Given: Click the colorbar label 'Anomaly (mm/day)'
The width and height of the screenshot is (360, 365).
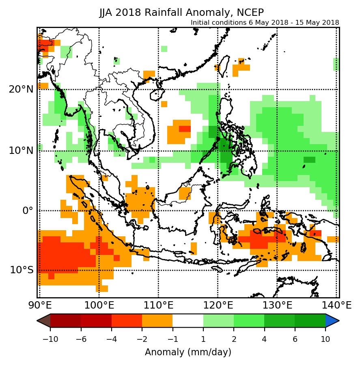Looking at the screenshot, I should (x=188, y=352).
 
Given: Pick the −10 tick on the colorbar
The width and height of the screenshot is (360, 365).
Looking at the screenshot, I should (x=50, y=338).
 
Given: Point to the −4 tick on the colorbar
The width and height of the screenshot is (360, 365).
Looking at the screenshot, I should (x=111, y=338).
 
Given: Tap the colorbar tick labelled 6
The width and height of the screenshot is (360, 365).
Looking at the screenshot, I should (x=295, y=338).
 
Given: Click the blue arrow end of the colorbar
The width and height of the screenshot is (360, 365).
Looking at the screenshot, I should (x=332, y=321).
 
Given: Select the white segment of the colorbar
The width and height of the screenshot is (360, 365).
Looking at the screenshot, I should (x=188, y=321).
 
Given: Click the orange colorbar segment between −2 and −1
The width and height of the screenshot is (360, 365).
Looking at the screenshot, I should (x=157, y=321).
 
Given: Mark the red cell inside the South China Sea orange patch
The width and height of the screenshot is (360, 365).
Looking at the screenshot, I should (x=185, y=129).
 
